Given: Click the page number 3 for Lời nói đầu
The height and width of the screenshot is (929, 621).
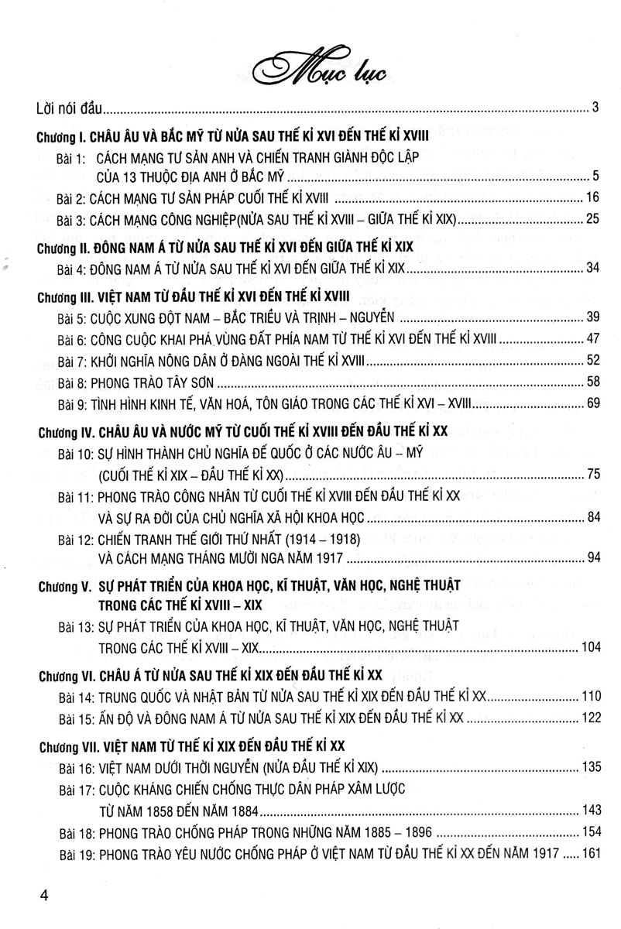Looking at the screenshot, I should [595, 108].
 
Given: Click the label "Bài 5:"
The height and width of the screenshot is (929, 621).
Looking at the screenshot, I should [73, 317].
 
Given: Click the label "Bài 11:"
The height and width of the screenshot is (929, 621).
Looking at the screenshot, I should [75, 495].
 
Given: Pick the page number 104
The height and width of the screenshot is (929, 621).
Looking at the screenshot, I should [589, 646].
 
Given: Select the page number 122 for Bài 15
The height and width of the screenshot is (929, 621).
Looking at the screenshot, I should [589, 717].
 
